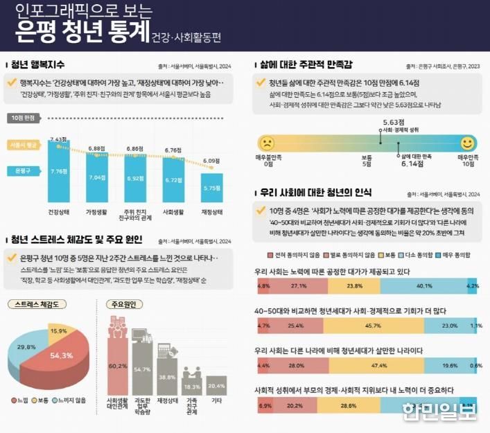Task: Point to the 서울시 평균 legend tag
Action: tap(23, 145)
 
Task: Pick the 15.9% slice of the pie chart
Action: tap(58, 332)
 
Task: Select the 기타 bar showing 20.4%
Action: tap(216, 385)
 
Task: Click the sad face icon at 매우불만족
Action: tap(265, 143)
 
